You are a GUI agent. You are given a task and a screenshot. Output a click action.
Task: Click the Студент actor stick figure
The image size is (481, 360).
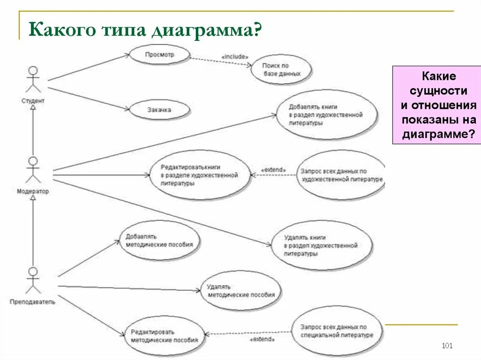(x=32, y=80)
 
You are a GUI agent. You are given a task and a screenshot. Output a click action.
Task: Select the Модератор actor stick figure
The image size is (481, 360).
(x=32, y=170)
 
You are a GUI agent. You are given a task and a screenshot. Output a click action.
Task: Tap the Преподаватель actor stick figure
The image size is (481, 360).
(x=32, y=280)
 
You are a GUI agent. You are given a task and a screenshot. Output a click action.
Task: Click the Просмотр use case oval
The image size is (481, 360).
(x=159, y=54)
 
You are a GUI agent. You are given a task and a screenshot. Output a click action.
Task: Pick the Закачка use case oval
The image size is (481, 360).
(x=159, y=110)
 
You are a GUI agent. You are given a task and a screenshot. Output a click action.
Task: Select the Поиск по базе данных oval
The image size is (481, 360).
(x=281, y=70)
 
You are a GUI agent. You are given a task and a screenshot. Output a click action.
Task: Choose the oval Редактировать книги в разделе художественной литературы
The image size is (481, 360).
(x=199, y=175)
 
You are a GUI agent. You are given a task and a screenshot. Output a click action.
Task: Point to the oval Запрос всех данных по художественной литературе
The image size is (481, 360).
(x=341, y=175)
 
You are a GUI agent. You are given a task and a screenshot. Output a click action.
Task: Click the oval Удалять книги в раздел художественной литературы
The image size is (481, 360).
(x=321, y=245)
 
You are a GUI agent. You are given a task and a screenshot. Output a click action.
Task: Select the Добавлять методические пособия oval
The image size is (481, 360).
(x=160, y=240)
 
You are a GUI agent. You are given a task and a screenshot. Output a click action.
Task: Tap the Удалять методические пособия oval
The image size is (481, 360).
(x=241, y=291)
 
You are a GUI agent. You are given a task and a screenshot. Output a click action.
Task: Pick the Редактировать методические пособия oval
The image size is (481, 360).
(x=164, y=336)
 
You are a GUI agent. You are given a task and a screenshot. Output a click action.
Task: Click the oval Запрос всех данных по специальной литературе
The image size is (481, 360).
(x=337, y=331)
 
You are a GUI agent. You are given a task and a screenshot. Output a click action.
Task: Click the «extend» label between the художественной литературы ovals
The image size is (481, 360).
(x=272, y=169)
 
